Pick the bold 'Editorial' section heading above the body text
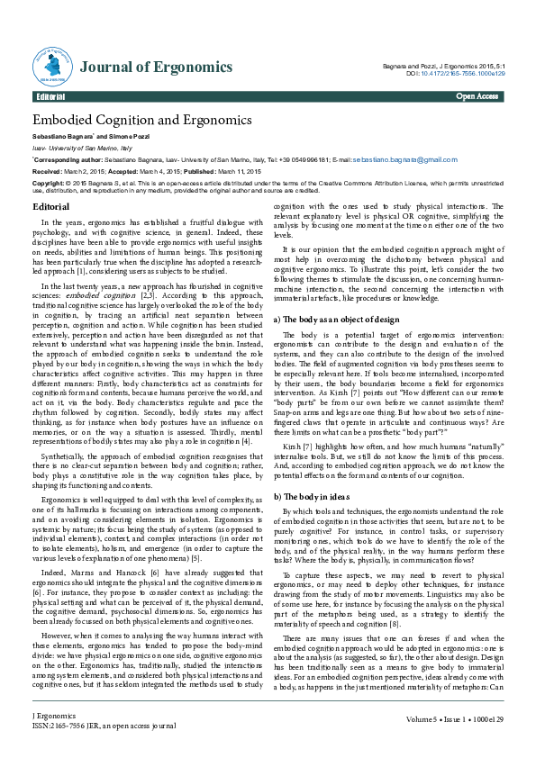[51, 206]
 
